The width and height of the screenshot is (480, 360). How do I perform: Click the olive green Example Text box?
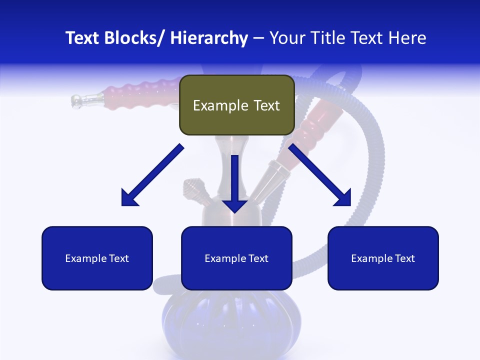[x=236, y=105]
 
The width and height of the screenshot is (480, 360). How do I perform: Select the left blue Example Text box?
[x=97, y=258]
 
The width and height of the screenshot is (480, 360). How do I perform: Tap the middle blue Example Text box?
[x=236, y=258]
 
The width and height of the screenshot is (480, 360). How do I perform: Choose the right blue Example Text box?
[x=383, y=258]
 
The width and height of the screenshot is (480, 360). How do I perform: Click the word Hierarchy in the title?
[x=209, y=38]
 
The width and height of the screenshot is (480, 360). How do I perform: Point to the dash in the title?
[x=258, y=38]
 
